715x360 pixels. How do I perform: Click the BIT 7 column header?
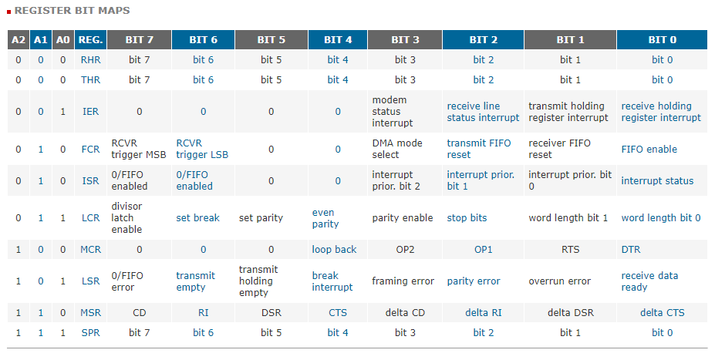139,40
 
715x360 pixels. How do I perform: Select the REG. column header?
90,40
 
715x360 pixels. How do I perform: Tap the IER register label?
90,112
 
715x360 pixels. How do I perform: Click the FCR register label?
90,150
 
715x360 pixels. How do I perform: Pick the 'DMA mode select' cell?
397,149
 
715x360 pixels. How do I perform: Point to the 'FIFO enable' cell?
649,150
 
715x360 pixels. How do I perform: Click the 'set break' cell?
198,218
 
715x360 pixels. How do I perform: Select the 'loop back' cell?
334,250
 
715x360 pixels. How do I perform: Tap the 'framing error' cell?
403,281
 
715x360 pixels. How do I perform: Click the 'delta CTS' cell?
662,313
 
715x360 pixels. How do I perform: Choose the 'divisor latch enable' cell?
126,218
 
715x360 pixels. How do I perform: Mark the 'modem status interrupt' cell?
393,112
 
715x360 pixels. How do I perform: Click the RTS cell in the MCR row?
571,250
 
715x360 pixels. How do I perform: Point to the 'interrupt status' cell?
657,181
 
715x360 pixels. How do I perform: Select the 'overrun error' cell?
559,281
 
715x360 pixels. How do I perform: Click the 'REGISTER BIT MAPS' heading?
72,11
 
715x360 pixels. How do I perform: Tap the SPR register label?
90,333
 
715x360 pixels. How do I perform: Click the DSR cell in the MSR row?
271,313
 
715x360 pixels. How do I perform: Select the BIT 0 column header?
662,40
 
